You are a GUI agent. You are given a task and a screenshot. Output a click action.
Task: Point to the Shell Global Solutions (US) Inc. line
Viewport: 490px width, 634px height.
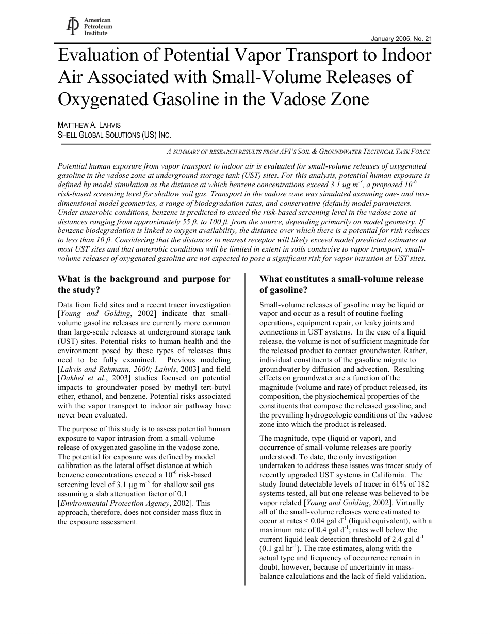tap(115, 135)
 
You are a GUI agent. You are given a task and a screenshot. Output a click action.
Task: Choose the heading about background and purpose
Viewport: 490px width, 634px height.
tap(144, 284)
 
